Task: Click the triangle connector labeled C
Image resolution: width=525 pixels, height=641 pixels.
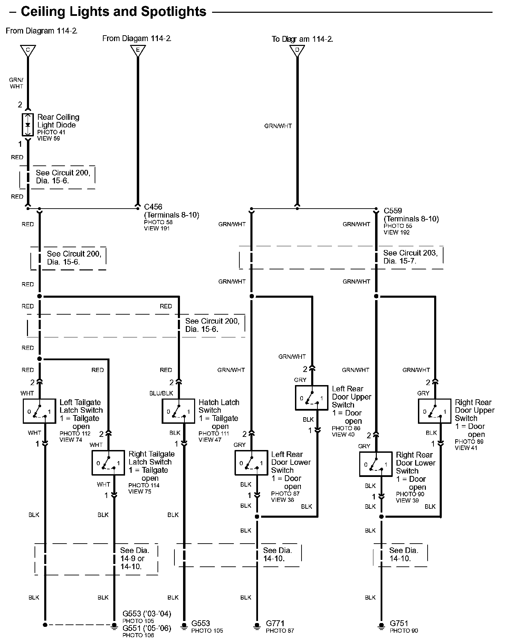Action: click(x=28, y=50)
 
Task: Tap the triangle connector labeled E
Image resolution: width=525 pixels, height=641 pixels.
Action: click(x=138, y=50)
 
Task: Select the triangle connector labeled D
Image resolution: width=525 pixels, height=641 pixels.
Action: click(x=297, y=50)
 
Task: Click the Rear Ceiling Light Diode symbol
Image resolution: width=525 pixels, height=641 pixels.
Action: click(x=28, y=124)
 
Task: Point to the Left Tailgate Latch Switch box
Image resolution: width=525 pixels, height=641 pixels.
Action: click(x=39, y=411)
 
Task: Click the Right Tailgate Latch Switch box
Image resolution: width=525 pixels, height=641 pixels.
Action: click(x=108, y=462)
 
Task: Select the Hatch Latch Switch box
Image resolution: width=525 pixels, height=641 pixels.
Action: click(x=178, y=411)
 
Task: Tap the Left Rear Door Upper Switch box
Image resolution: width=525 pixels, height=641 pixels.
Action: click(x=312, y=398)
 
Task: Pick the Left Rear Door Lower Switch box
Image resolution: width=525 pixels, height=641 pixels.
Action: click(x=251, y=462)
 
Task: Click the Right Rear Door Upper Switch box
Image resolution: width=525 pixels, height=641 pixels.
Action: click(x=435, y=411)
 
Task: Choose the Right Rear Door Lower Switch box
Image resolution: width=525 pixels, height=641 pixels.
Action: click(x=376, y=464)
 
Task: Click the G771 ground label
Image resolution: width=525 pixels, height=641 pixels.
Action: click(x=275, y=623)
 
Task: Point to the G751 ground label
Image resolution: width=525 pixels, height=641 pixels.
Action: click(x=399, y=623)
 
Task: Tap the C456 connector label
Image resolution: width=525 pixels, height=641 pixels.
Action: click(x=153, y=207)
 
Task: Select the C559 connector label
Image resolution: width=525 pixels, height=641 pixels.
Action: click(x=393, y=210)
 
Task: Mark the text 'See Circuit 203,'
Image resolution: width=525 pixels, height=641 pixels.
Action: click(x=410, y=253)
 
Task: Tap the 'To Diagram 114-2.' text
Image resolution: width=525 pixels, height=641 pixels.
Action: click(x=302, y=39)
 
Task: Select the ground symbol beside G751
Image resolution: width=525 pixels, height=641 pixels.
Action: click(x=381, y=625)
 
